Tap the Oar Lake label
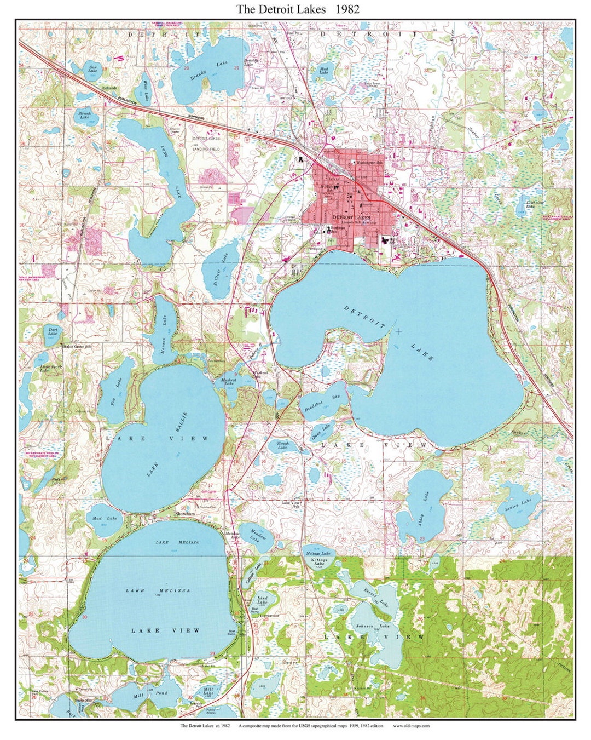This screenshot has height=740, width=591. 92,68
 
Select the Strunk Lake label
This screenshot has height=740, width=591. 84,114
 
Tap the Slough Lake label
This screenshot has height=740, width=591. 282,445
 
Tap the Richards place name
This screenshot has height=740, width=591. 109,88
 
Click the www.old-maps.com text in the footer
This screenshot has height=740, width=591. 411,726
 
